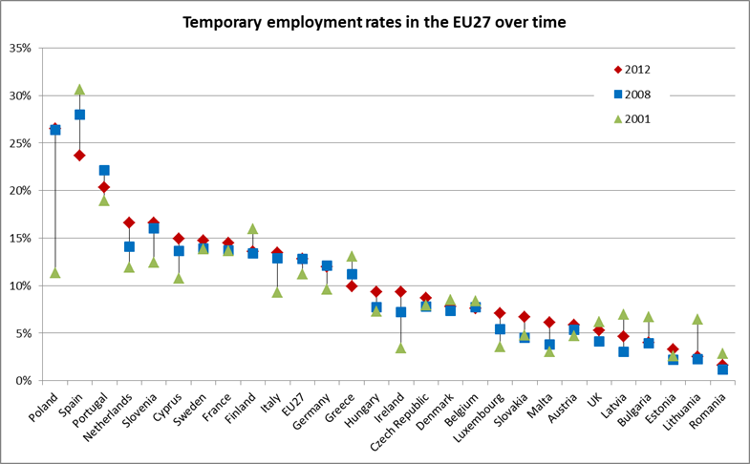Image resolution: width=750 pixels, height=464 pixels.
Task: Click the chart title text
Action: coord(375,20)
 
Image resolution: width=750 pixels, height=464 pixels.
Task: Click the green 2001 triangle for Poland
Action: coord(55,273)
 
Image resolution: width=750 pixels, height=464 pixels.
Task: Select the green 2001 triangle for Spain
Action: coord(80,90)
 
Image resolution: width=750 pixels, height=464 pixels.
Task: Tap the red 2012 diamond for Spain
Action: coord(80,156)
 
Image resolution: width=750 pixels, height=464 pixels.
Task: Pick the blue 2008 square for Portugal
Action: coord(104,171)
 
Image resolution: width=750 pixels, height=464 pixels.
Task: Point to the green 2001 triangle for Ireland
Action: coord(401,348)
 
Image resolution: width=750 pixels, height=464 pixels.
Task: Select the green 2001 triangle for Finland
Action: coord(253,229)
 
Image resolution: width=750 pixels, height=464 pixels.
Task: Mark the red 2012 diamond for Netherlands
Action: coord(129,222)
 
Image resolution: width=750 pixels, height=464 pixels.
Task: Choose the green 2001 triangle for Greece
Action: coord(352,256)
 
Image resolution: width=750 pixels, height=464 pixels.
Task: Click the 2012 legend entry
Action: coord(639,70)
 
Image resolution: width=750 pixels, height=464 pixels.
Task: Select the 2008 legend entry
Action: coord(639,95)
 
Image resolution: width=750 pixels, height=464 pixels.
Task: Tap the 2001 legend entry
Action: coord(639,119)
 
